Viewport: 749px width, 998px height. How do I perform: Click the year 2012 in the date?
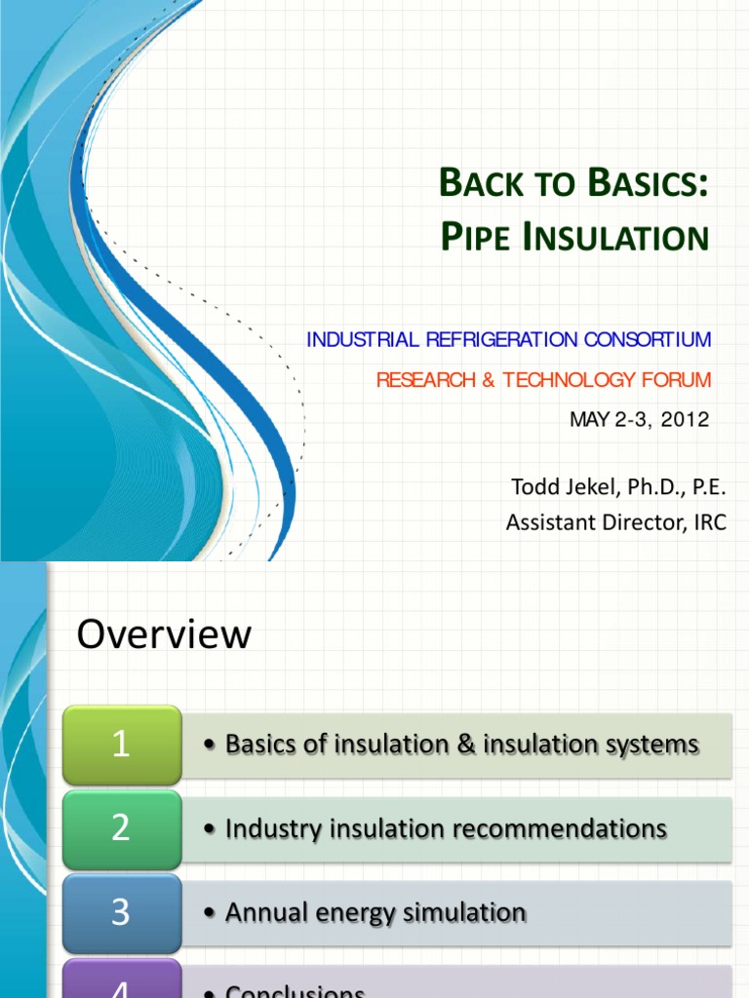tap(685, 420)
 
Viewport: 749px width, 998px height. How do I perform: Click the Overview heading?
tap(164, 635)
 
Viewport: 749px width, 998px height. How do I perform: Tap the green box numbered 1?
tap(121, 745)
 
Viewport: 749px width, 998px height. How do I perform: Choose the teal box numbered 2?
tap(121, 828)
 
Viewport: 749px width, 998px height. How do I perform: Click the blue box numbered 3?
tap(121, 912)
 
